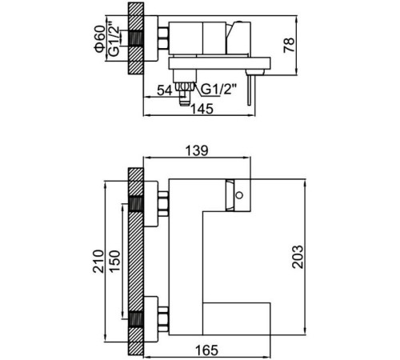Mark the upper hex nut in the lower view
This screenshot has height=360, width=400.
163,203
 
